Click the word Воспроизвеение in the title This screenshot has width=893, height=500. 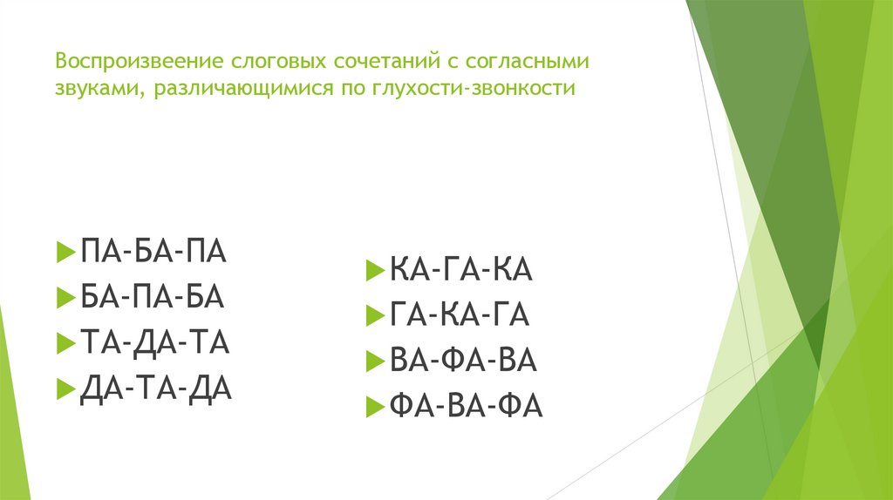(139, 64)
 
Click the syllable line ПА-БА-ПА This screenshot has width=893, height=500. (153, 253)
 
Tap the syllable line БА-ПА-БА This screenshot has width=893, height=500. (153, 298)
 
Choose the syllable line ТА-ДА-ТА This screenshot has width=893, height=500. (154, 343)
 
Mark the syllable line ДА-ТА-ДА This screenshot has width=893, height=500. (155, 389)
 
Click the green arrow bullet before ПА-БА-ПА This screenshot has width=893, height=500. (65, 253)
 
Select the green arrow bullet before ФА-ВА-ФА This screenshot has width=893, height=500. (374, 407)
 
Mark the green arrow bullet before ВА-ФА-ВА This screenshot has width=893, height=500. (374, 361)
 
